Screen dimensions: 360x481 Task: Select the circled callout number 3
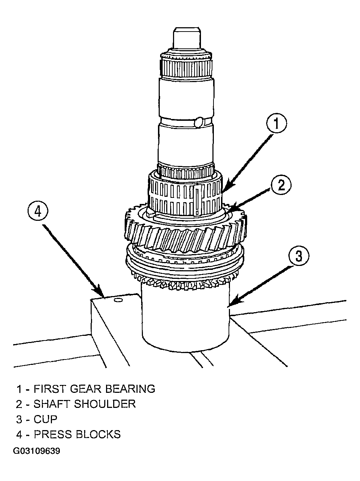coord(299,255)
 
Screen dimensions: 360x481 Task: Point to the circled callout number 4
coord(38,212)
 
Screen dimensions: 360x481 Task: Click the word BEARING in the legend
coord(130,389)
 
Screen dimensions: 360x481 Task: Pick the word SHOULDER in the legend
coord(105,404)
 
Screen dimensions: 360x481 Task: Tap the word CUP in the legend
coord(45,419)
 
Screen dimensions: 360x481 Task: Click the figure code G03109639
coord(37,451)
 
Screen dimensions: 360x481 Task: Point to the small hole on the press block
coord(118,300)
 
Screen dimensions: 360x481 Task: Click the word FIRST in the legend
coord(49,389)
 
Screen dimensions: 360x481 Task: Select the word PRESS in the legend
coord(53,434)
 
